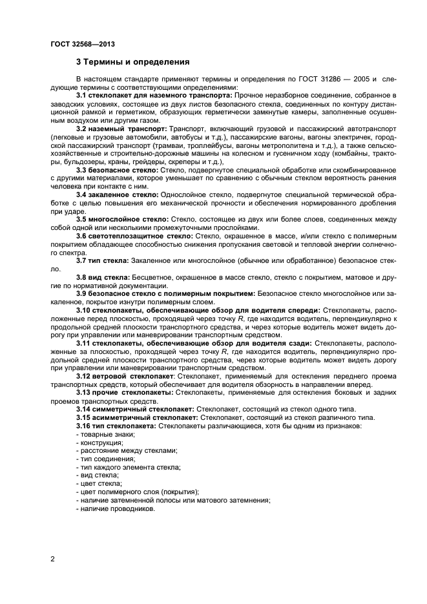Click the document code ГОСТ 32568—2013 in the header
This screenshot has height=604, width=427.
[x=79, y=43]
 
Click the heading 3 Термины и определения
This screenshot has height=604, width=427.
[x=132, y=63]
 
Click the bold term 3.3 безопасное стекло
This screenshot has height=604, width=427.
[x=115, y=169]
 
